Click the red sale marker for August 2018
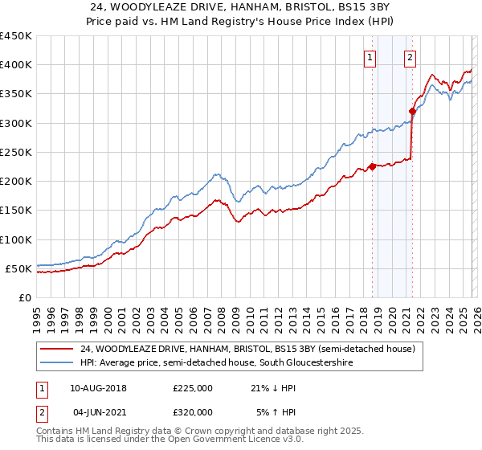click(372, 166)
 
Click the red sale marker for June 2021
click(412, 111)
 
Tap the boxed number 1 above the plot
click(370, 56)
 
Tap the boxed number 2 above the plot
click(410, 56)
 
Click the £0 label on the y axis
click(24, 298)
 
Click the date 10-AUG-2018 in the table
click(98, 388)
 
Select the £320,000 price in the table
click(193, 412)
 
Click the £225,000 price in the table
click(193, 388)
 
